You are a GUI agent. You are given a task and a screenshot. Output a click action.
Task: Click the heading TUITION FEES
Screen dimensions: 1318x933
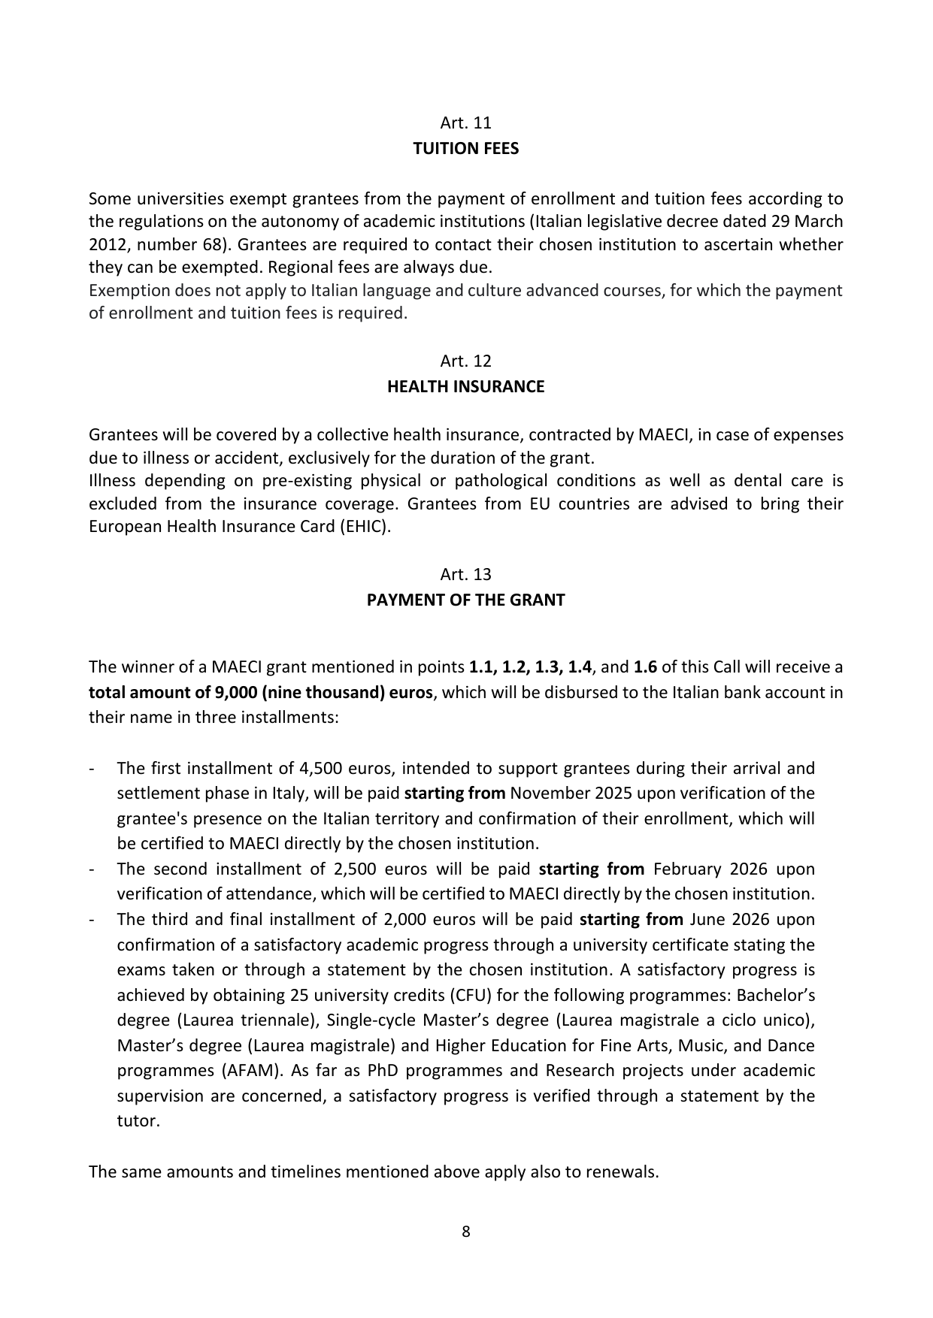(465, 149)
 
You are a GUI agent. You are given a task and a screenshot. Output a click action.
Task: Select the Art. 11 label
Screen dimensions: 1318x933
(465, 122)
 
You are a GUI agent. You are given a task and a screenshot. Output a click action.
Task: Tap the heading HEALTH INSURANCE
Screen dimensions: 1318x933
(465, 387)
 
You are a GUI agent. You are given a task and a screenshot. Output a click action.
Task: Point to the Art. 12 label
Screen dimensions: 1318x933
(465, 361)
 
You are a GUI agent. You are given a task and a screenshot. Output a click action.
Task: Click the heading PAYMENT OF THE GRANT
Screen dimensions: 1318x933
(465, 600)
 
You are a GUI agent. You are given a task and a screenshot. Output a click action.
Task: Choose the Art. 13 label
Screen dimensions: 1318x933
(465, 575)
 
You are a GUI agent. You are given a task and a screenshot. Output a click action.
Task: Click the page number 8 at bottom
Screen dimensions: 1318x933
(466, 1232)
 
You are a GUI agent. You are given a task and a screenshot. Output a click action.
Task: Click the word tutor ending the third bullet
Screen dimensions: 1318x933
(137, 1121)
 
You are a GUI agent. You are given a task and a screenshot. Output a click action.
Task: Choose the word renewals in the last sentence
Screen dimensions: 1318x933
(624, 1172)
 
